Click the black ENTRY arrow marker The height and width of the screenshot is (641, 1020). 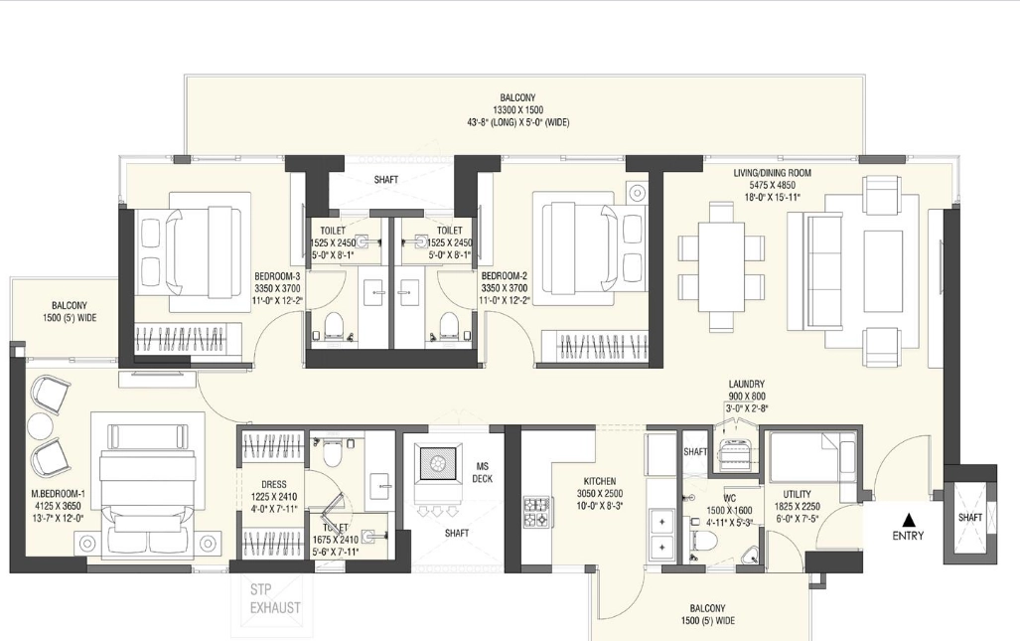[907, 519]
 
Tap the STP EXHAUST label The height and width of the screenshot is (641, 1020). [275, 599]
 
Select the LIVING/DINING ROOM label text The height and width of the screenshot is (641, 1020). [772, 173]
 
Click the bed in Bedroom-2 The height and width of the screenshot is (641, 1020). [587, 242]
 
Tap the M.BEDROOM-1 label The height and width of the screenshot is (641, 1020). [58, 493]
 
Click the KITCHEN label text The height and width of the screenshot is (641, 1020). [599, 481]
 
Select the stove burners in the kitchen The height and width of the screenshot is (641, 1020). [536, 511]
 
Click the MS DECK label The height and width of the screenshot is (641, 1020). [482, 471]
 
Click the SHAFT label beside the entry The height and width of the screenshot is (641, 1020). [970, 517]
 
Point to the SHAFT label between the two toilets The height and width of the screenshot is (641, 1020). [386, 180]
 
